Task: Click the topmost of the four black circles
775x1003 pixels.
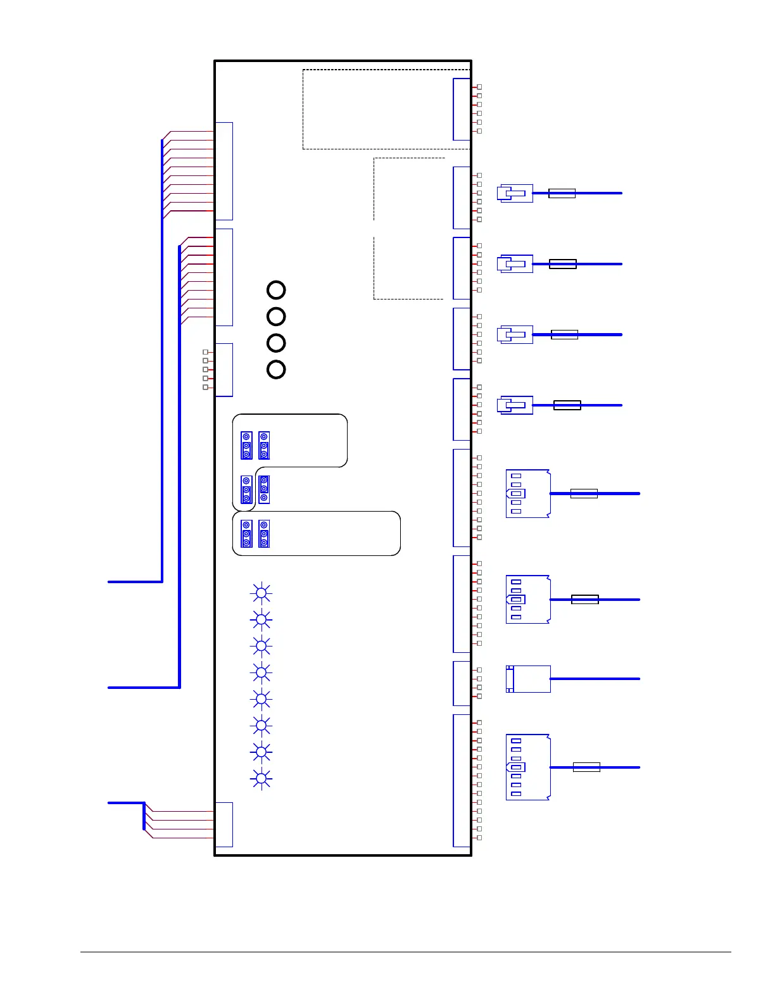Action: (x=276, y=290)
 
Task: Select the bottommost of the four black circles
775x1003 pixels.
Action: (x=276, y=369)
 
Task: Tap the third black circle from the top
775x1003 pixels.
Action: (x=276, y=343)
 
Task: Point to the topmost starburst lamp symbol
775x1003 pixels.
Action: (x=261, y=593)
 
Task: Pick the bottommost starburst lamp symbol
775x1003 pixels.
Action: (x=261, y=778)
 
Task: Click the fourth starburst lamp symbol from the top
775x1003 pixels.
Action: (x=261, y=672)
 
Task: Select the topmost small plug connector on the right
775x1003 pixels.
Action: (x=515, y=193)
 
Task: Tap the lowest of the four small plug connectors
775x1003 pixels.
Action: (x=515, y=405)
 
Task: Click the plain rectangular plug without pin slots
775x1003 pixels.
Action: (x=528, y=679)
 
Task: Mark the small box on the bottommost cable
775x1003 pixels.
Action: (x=586, y=767)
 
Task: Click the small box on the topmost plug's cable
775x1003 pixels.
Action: (x=562, y=193)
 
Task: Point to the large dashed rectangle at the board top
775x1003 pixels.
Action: (x=386, y=110)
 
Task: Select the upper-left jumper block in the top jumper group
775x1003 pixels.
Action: (x=246, y=446)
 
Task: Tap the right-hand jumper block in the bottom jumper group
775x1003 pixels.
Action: (x=264, y=534)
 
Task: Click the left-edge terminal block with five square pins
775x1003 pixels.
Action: (x=224, y=370)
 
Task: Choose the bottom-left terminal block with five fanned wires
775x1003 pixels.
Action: (x=224, y=824)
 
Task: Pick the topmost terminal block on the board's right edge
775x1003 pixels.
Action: (x=462, y=109)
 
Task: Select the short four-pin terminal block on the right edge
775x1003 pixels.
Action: (x=462, y=683)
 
